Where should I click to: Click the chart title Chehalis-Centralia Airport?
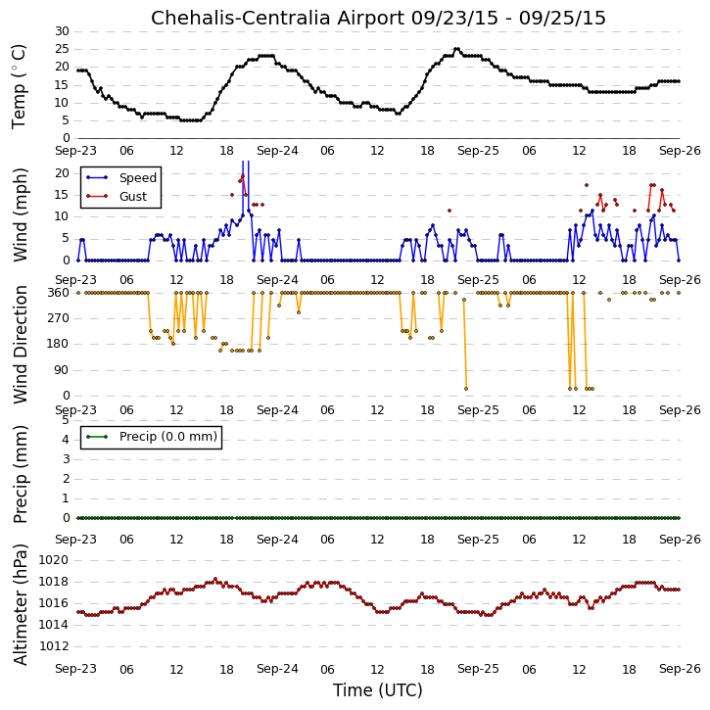pos(277,18)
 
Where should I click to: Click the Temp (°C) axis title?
pos(19,86)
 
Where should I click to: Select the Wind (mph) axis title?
pos(20,215)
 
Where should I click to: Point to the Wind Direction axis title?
pos(20,345)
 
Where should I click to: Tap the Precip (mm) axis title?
pos(20,475)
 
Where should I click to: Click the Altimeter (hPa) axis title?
pos(20,604)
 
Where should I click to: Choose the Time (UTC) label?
pos(378,690)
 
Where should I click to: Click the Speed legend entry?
pos(138,178)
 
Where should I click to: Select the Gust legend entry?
pos(133,197)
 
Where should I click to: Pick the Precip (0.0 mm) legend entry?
pos(168,437)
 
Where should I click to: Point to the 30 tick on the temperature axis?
pos(62,31)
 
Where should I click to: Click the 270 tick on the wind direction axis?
pos(59,318)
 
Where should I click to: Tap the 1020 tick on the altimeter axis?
pos(54,560)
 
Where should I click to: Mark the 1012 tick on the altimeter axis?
pos(54,646)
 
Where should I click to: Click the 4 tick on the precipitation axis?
pos(66,440)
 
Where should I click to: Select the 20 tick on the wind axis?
pos(62,173)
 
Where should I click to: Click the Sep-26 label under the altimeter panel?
pos(680,669)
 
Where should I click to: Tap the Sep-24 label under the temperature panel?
pos(277,151)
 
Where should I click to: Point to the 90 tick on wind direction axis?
pos(62,370)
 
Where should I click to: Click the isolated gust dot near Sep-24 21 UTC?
pos(450,211)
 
